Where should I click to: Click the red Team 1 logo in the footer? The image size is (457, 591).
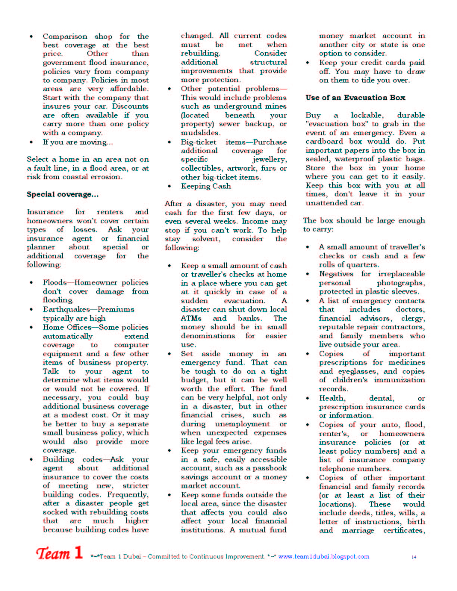click(x=59, y=553)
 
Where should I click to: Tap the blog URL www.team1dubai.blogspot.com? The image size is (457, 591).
click(x=323, y=557)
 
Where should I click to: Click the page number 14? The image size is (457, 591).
click(x=414, y=557)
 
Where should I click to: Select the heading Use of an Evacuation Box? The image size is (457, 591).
click(x=355, y=98)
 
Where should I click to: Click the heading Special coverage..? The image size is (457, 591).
click(x=62, y=195)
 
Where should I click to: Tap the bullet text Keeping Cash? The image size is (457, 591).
click(x=206, y=186)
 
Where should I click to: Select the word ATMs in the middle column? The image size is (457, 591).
click(x=191, y=318)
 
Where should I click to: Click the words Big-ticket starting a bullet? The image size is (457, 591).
click(x=199, y=142)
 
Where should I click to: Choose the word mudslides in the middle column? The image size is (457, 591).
click(x=200, y=133)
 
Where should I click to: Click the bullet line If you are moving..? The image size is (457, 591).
click(x=78, y=142)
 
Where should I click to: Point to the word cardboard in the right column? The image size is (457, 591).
click(x=324, y=141)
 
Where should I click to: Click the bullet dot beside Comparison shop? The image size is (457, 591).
click(x=31, y=37)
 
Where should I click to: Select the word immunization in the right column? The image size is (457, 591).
click(x=400, y=380)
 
